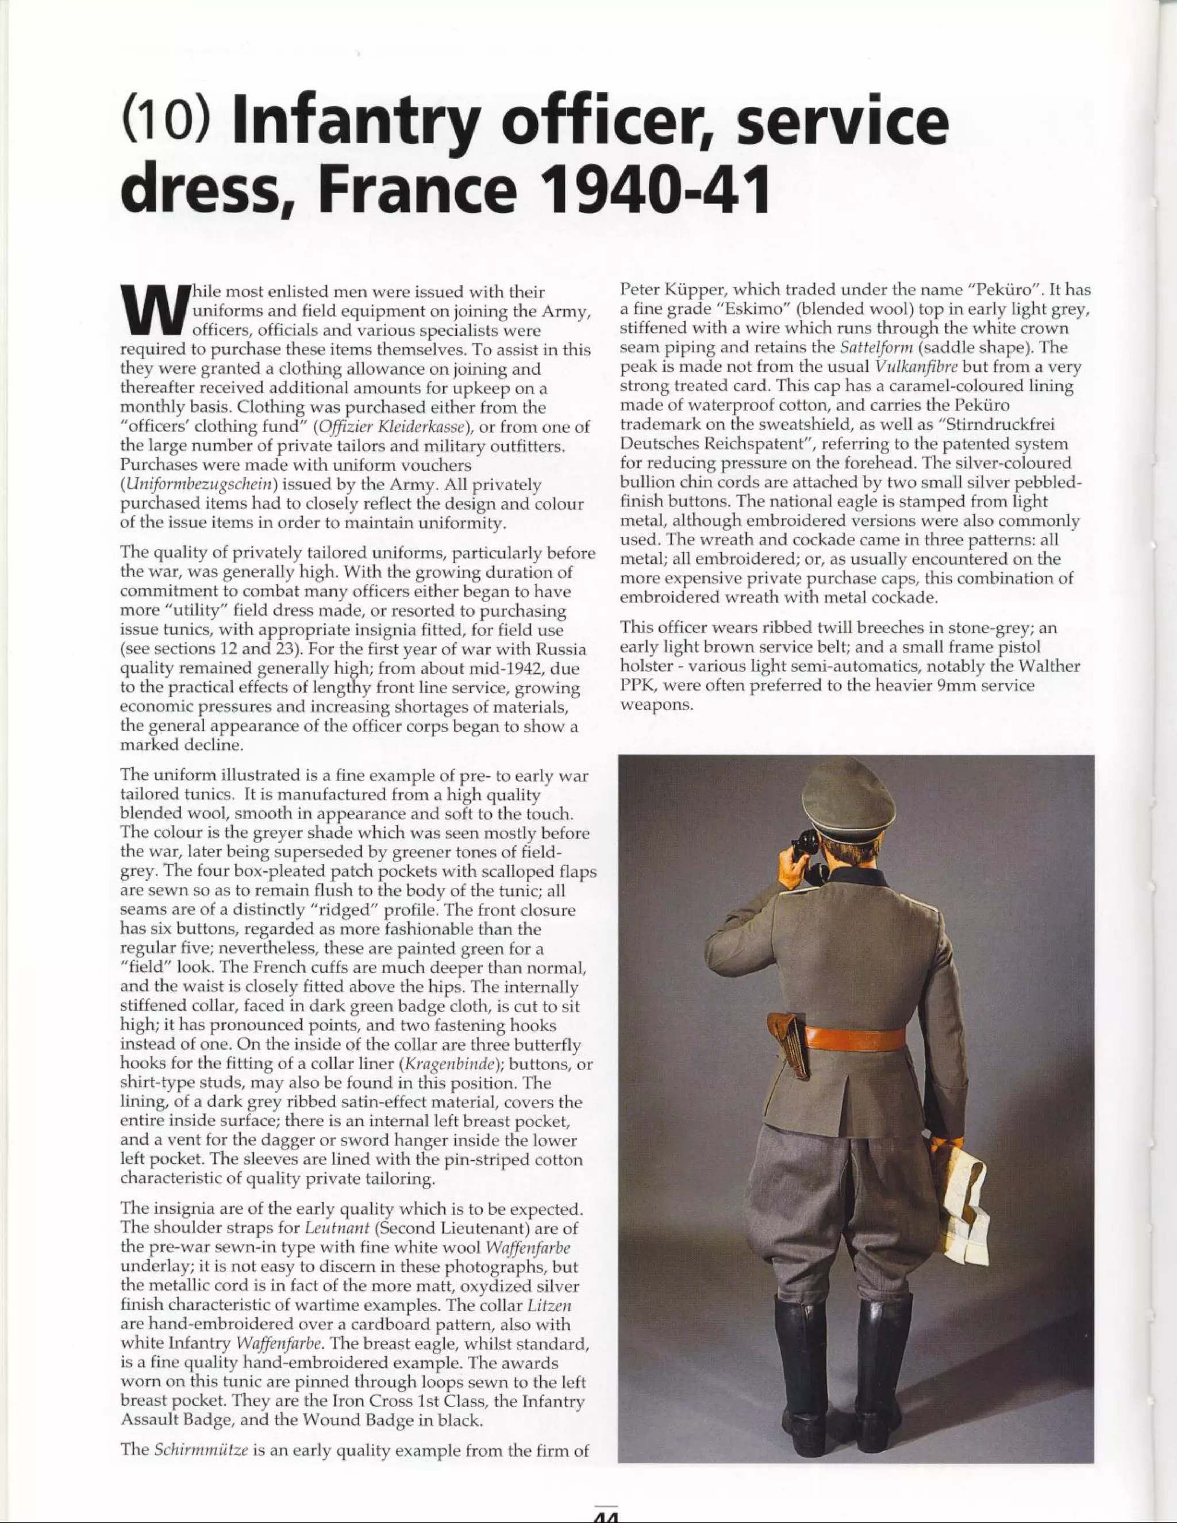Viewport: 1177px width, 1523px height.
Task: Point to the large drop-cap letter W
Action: (152, 313)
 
